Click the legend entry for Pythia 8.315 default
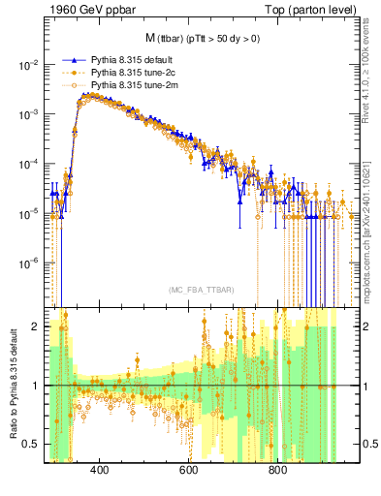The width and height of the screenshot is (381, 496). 129,60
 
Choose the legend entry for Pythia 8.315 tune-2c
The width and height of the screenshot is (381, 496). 129,73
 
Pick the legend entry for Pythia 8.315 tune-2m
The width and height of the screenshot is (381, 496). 129,85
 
